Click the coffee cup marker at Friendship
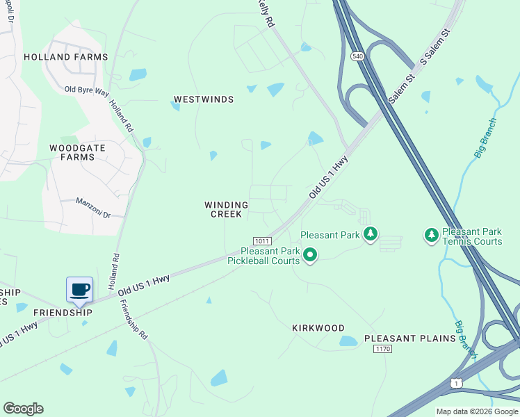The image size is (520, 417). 80,290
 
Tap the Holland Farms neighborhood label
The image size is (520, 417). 66,57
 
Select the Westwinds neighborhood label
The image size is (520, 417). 204,99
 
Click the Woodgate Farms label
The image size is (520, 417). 72,152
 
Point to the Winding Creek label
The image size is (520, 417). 226,209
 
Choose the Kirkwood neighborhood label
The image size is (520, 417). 318,327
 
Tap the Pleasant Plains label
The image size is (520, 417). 410,338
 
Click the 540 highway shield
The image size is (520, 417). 358,56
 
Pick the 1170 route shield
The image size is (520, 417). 382,349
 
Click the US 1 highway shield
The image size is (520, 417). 456,383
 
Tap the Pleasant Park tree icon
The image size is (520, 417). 371,235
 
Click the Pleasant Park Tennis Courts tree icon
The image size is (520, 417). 431,236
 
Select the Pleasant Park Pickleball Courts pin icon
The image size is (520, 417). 310,256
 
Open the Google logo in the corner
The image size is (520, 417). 23,409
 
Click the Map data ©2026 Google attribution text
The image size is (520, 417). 477,411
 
